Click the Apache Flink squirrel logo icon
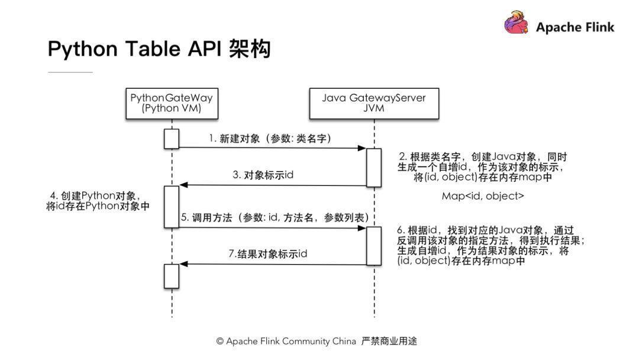[x=516, y=23]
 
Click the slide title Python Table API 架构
[x=159, y=49]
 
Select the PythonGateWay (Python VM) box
[x=172, y=103]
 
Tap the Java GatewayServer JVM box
[x=374, y=103]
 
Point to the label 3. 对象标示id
[x=263, y=175]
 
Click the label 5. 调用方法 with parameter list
[x=275, y=218]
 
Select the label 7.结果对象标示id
[x=268, y=254]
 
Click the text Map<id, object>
[x=483, y=195]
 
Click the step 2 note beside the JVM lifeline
[x=483, y=167]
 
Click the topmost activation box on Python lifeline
[x=172, y=139]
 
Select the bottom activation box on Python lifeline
[x=172, y=276]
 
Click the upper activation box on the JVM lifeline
[x=374, y=168]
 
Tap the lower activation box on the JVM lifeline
[x=374, y=246]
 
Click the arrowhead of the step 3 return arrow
[x=183, y=185]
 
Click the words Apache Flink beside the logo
[x=575, y=27]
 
